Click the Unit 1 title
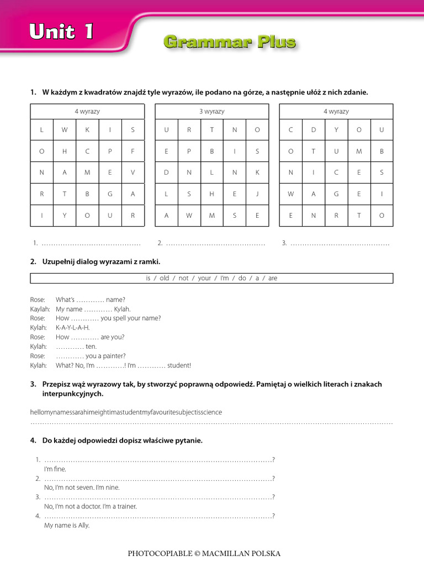(x=61, y=33)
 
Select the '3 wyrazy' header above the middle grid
(x=212, y=112)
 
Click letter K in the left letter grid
(x=87, y=130)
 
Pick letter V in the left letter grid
(x=132, y=172)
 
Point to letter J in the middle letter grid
(x=257, y=194)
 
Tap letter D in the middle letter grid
(x=166, y=172)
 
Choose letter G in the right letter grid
(x=336, y=194)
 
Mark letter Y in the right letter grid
(x=336, y=130)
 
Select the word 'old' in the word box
(x=165, y=278)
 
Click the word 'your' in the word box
(x=204, y=278)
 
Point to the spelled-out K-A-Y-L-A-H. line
(x=72, y=328)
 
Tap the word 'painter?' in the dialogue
(x=113, y=356)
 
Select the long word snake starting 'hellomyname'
(x=126, y=412)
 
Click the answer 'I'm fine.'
(x=55, y=469)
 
